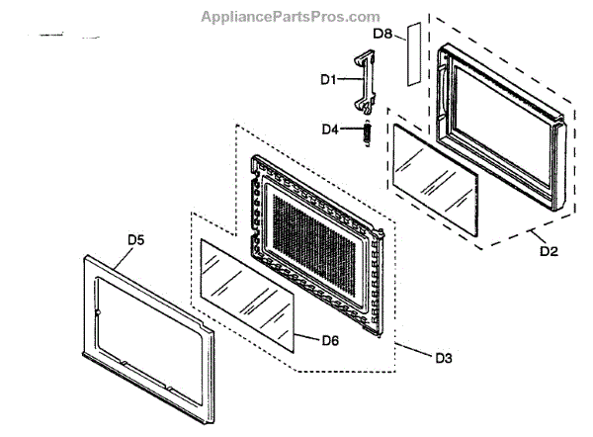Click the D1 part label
coord(328,77)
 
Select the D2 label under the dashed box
coord(549,251)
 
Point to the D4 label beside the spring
coord(333,129)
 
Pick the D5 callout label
coord(136,239)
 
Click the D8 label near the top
coord(383,34)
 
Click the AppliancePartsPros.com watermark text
coord(290,17)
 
